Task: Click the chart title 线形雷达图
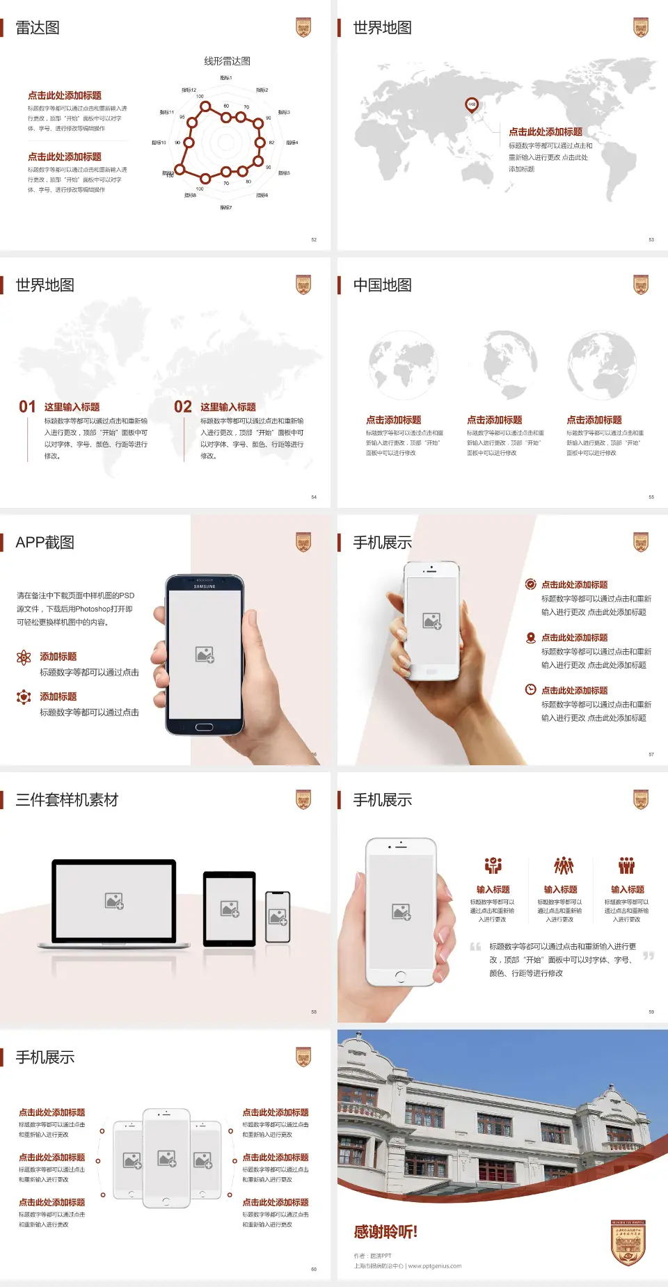pyautogui.click(x=227, y=61)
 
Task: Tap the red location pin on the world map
pyautogui.click(x=472, y=105)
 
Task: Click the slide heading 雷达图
pyautogui.click(x=38, y=28)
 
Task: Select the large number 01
pyautogui.click(x=27, y=407)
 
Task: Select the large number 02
pyautogui.click(x=183, y=407)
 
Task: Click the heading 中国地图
pyautogui.click(x=382, y=285)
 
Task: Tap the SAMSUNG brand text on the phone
pyautogui.click(x=205, y=586)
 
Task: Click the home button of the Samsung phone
pyautogui.click(x=204, y=727)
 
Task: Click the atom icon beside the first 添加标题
pyautogui.click(x=24, y=657)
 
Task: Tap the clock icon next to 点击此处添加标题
pyautogui.click(x=530, y=689)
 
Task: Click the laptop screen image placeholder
pyautogui.click(x=114, y=901)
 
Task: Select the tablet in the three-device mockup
pyautogui.click(x=230, y=908)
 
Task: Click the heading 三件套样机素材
pyautogui.click(x=67, y=800)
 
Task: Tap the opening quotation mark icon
pyautogui.click(x=475, y=947)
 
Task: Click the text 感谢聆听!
pyautogui.click(x=385, y=1232)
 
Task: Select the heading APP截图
pyautogui.click(x=45, y=543)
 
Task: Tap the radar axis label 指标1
pyautogui.click(x=226, y=78)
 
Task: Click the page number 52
pyautogui.click(x=314, y=239)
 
